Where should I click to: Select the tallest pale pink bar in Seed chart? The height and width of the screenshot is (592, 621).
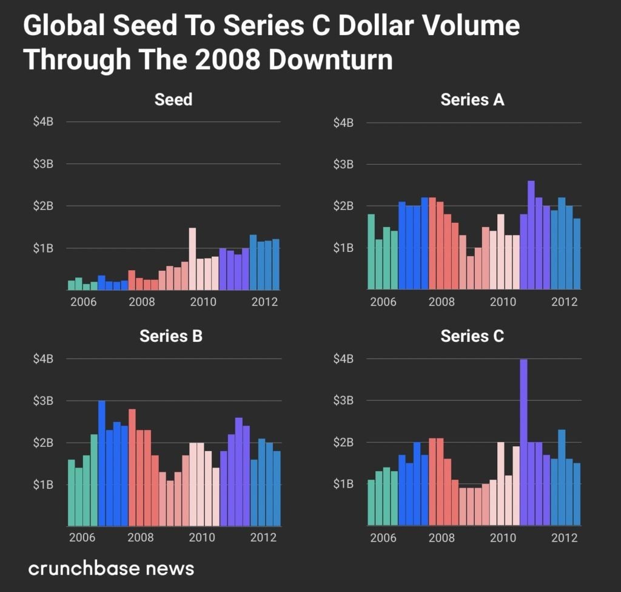point(192,259)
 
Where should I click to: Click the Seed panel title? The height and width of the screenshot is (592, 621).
point(173,99)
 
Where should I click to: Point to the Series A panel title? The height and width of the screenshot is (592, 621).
point(472,100)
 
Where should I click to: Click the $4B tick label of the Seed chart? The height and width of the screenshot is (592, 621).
point(43,122)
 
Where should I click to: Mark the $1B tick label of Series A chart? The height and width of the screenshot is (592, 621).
point(343,248)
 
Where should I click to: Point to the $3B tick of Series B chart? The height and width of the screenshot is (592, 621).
point(43,401)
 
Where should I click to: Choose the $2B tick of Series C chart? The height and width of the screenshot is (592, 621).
point(343,443)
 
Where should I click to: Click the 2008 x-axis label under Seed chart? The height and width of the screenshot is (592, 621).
point(140,302)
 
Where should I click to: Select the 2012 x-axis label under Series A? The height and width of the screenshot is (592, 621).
point(564,302)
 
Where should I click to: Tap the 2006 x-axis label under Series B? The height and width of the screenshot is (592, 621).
point(82,537)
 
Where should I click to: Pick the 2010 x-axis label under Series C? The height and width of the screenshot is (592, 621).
point(502,537)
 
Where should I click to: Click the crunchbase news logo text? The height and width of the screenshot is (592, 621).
point(111,568)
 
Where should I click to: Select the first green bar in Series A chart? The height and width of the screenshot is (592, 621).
point(371,251)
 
